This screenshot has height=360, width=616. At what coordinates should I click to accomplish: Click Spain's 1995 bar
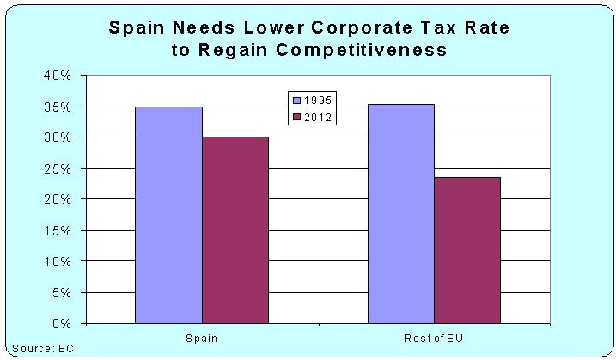(168, 215)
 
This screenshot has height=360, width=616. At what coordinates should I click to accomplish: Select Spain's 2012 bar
(235, 230)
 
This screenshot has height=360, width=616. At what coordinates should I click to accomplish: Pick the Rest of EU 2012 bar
(467, 250)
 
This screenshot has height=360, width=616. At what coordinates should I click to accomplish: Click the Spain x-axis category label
(201, 338)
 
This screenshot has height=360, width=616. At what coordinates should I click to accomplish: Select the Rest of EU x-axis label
(435, 338)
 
